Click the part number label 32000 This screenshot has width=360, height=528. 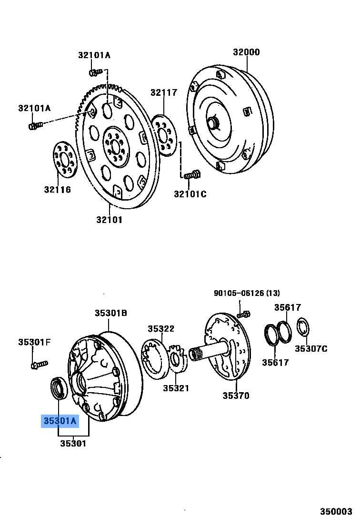coord(246,52)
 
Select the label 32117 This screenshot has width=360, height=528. coord(164,92)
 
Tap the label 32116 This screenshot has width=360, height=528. coord(58,190)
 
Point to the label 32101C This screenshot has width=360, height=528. coord(190,194)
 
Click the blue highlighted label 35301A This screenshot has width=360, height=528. coord(60,421)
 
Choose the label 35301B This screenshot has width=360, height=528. coord(110,313)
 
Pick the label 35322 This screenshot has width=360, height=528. coord(160,329)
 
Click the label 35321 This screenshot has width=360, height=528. coord(176,388)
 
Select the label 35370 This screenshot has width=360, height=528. coord(236,396)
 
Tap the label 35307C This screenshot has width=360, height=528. coord(311,349)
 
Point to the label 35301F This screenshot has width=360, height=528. coord(34,342)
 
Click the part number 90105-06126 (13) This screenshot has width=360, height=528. coord(247,293)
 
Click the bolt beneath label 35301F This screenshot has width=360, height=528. coord(39,365)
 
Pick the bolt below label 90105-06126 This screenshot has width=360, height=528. coord(244,314)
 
